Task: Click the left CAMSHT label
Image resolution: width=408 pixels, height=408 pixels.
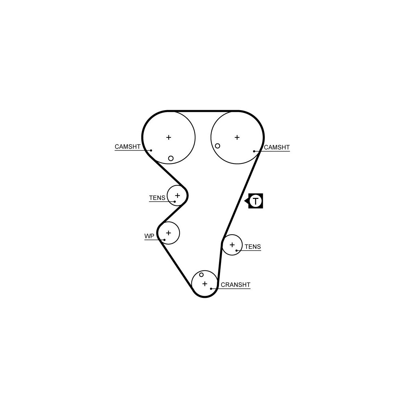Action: pos(128,147)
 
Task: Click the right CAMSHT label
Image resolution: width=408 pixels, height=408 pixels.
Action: pos(277,147)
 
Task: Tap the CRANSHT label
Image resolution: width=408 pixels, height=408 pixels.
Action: pos(236,285)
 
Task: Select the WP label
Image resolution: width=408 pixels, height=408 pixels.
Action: pos(149,236)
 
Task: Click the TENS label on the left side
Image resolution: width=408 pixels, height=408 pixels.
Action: pos(157,198)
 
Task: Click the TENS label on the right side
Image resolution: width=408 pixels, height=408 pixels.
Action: pos(253,247)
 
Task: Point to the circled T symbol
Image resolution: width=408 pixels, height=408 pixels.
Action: pos(256,201)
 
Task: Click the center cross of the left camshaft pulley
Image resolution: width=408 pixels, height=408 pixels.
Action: pos(169,137)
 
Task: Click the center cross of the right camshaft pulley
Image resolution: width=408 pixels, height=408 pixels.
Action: pos(237,137)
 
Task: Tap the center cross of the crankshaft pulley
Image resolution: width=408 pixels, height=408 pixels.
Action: pos(205,284)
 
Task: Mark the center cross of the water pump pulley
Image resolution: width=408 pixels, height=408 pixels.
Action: pos(168,233)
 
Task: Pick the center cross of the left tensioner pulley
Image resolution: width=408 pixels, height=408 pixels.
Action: pos(177,195)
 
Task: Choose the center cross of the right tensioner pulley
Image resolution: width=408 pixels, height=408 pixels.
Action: pos(232,244)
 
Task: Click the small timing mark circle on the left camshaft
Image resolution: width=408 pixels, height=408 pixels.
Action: pos(171,158)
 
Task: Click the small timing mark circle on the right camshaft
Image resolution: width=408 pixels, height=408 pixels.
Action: pos(218,146)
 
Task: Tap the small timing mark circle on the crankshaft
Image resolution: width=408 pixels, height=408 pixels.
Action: pos(201,275)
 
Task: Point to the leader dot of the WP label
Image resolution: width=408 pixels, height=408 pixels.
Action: pos(164,240)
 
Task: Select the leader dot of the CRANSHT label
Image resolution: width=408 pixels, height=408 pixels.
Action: pos(211,289)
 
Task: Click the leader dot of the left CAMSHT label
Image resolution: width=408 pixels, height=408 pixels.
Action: pos(151,150)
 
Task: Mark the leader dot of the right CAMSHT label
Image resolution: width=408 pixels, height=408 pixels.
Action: pos(254,151)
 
